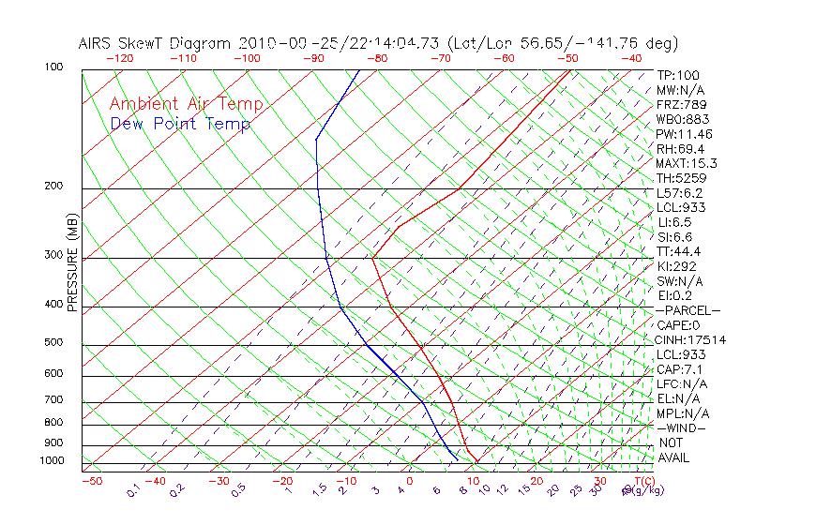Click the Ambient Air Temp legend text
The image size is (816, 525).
pos(187,104)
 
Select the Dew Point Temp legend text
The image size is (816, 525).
pos(180,124)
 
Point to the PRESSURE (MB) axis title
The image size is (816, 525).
pos(71,262)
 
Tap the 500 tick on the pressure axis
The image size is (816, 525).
pos(54,343)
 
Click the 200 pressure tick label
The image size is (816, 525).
pos(54,187)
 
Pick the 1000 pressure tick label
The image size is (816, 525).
pos(52,461)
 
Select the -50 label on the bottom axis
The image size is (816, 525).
pos(91,481)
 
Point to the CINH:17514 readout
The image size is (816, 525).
pos(691,340)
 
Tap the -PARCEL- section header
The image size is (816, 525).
pos(688,310)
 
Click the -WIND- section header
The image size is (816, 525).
pos(682,427)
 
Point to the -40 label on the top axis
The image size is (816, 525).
pos(632,58)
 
